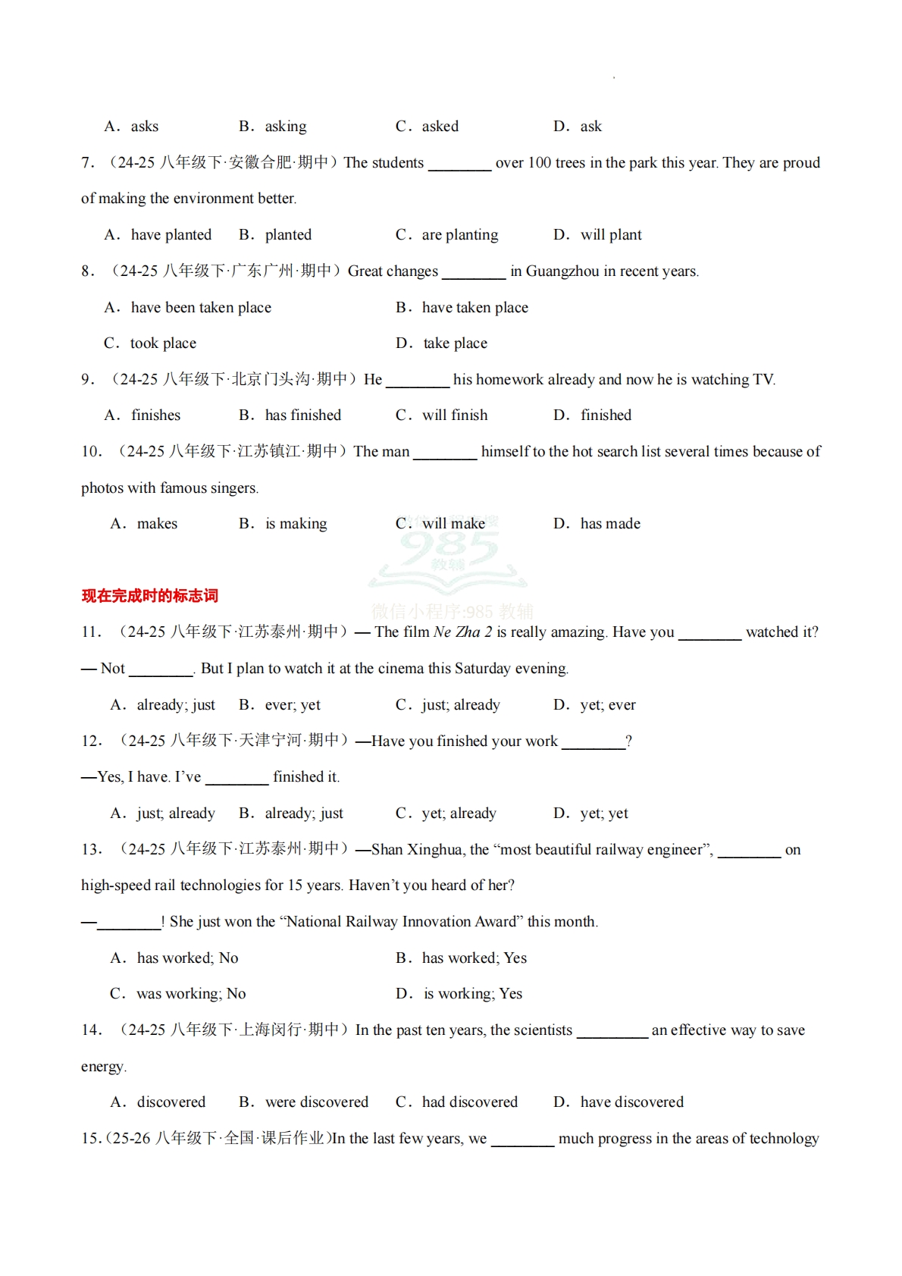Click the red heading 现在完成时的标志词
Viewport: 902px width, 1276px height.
tap(149, 596)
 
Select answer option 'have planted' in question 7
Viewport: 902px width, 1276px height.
tap(171, 235)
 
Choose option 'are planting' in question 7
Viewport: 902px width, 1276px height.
tap(459, 235)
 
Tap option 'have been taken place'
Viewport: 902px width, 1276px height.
tap(200, 308)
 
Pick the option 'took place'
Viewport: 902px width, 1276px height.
tap(163, 343)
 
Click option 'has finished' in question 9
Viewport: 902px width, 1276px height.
tap(302, 415)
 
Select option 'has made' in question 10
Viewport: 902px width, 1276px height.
tap(609, 524)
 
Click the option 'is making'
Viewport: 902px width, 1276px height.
tap(296, 524)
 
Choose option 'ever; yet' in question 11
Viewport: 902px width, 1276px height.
tap(292, 705)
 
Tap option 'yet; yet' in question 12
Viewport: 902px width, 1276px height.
tap(603, 814)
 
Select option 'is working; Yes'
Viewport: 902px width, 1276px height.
tap(472, 994)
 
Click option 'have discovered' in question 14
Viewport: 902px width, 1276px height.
tap(631, 1102)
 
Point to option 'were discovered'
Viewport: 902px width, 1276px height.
tap(316, 1102)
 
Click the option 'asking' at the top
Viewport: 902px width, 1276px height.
tap(285, 127)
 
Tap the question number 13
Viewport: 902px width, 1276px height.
tap(92, 850)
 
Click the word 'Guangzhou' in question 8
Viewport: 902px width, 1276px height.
tap(562, 271)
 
